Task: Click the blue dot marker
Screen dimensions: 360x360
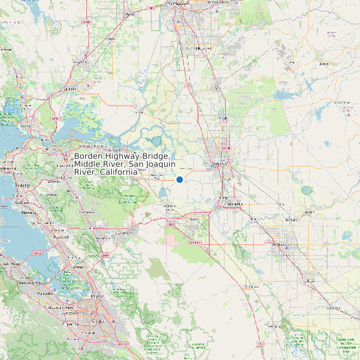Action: point(179,179)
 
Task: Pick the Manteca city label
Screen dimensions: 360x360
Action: point(232,204)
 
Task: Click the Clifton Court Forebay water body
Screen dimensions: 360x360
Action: point(163,193)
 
